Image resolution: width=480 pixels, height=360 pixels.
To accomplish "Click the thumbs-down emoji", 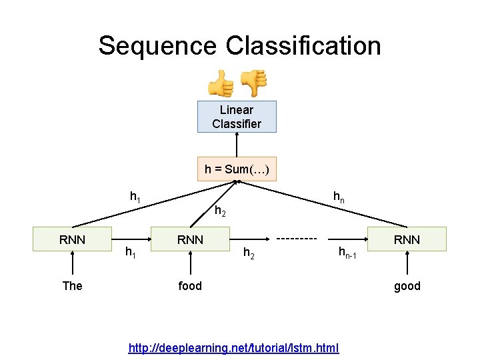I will click(x=253, y=83).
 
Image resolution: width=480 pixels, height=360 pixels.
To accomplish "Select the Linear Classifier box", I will click(x=237, y=117).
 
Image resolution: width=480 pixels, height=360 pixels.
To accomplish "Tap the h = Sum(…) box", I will click(x=237, y=169).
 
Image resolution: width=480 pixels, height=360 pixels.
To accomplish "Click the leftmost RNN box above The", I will click(x=72, y=239).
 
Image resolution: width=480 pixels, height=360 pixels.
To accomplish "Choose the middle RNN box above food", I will click(x=190, y=239).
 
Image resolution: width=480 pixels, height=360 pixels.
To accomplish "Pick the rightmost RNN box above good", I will click(x=407, y=239).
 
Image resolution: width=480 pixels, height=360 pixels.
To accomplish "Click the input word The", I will click(x=72, y=286).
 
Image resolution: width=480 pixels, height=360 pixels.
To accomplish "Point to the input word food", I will click(x=190, y=286).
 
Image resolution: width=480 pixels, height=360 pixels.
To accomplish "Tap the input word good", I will click(x=407, y=286).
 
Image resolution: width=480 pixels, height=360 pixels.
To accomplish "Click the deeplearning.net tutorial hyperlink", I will click(x=234, y=348).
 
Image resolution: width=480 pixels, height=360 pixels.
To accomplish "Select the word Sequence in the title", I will click(x=157, y=46).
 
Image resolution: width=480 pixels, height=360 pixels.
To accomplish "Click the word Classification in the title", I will click(x=303, y=46).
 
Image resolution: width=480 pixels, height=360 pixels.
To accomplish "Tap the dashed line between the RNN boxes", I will click(x=296, y=238).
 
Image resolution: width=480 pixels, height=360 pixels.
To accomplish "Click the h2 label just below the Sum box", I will click(x=220, y=213).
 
